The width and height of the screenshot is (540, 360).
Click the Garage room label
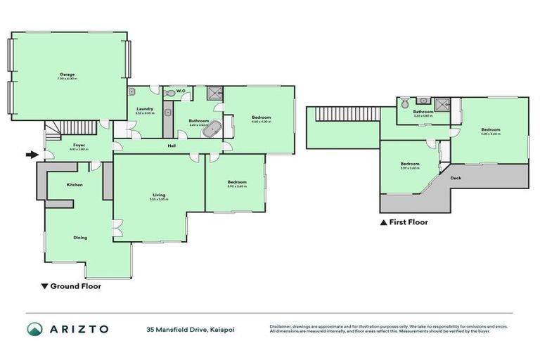(x=67, y=75)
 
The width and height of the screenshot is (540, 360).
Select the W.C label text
(x=181, y=91)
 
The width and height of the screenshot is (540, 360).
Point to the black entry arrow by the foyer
(x=31, y=155)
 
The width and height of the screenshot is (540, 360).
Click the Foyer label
(x=78, y=146)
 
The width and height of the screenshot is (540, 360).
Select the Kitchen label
(x=75, y=184)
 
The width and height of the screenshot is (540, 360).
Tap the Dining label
(x=80, y=238)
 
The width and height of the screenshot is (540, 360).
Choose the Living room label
(x=158, y=196)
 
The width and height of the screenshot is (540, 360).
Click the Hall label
(x=172, y=146)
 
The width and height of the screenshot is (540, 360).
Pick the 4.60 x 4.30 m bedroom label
(x=260, y=117)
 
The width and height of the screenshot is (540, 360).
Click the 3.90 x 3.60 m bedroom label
(x=236, y=182)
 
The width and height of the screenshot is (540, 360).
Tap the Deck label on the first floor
(x=456, y=178)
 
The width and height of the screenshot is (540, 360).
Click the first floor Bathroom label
(x=423, y=111)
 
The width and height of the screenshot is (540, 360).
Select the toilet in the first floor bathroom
(x=404, y=103)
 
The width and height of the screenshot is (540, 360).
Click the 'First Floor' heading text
(x=408, y=222)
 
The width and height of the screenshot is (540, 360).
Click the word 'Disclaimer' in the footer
(x=280, y=326)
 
